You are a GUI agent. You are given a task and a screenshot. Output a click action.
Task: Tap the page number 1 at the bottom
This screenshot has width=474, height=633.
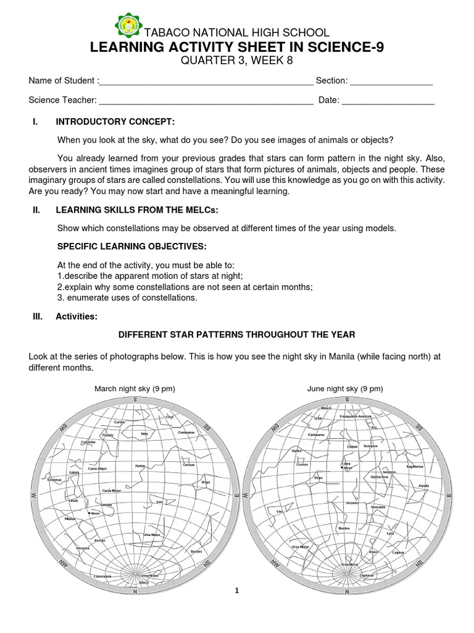236,591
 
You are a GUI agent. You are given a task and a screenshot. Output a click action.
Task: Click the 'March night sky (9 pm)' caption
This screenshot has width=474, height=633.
134,389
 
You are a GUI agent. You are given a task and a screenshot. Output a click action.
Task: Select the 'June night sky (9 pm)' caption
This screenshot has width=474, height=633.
345,389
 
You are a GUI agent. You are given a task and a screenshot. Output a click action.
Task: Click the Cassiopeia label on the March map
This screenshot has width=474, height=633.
102,576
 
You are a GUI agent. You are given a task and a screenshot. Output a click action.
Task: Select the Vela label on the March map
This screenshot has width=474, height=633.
144,434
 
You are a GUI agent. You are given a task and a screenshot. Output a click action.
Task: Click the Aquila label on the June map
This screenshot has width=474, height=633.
423,486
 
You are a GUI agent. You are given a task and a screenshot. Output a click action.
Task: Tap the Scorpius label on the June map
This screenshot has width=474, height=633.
370,445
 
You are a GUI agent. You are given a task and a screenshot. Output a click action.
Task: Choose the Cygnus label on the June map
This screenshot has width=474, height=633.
398,552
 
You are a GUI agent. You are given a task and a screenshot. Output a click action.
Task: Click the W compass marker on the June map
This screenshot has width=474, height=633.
246,495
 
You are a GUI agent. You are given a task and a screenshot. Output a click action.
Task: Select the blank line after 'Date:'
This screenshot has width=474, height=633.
388,100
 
